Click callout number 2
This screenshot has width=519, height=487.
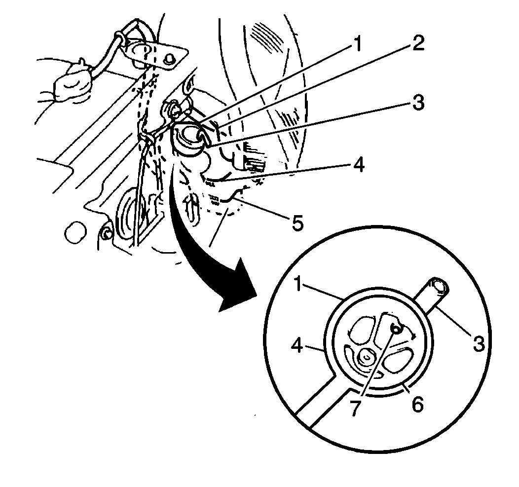point(418,43)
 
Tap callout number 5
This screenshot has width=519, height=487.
point(297,223)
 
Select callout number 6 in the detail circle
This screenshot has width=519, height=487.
point(417,404)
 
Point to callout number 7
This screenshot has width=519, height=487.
point(355,408)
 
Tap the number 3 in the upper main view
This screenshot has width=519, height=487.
point(418,103)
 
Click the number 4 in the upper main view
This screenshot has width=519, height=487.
point(358,164)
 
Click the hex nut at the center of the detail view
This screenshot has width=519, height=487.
point(366,357)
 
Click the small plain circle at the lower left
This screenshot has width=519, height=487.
point(76,233)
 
